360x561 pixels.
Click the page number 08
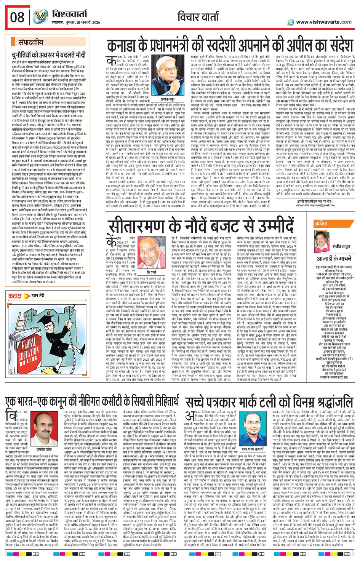coord(18,17)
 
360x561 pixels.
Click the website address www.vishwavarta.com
coord(323,22)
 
